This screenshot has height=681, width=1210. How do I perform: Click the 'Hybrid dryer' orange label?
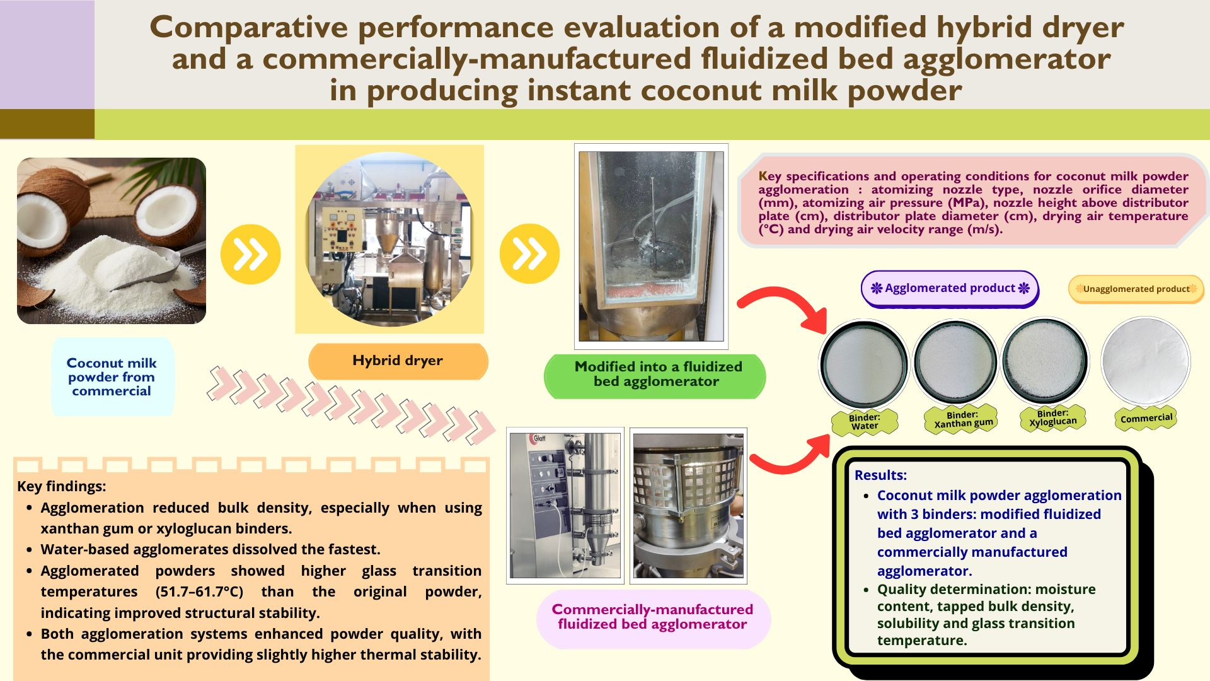click(x=398, y=361)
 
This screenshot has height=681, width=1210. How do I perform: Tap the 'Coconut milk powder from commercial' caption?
click(x=112, y=377)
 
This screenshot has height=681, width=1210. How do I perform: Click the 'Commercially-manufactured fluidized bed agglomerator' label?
click(x=652, y=617)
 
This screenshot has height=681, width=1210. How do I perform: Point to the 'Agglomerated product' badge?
click(x=949, y=288)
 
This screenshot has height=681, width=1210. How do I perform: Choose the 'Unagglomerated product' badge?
click(x=1136, y=289)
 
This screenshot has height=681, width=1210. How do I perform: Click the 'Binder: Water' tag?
click(x=864, y=421)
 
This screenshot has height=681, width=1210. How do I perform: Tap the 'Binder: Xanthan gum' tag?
click(x=962, y=419)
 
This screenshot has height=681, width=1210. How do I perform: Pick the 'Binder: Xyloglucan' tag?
click(x=1052, y=417)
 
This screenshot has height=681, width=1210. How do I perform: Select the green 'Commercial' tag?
click(x=1146, y=418)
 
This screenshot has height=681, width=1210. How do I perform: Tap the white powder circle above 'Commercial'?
click(x=1146, y=361)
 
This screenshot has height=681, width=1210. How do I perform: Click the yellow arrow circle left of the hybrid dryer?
click(x=251, y=254)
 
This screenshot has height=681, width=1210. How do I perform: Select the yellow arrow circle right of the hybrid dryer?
click(x=529, y=253)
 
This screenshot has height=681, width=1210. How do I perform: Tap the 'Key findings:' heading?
click(x=61, y=487)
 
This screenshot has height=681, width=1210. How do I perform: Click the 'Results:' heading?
click(x=880, y=475)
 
